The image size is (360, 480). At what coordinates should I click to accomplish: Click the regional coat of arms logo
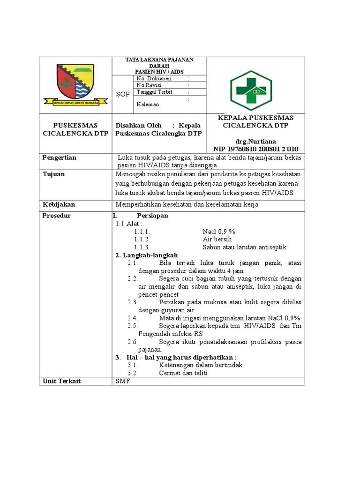tap(75, 85)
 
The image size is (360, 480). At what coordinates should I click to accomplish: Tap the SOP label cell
tap(123, 94)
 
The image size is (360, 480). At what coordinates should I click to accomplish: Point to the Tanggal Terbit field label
tap(154, 92)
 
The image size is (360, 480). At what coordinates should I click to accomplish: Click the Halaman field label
tap(148, 105)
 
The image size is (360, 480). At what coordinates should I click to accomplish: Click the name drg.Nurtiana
tap(255, 141)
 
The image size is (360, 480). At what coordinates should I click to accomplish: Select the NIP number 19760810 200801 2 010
tap(255, 149)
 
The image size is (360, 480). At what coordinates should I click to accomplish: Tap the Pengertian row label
tap(60, 158)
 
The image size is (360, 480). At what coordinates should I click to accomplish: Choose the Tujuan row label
tap(54, 174)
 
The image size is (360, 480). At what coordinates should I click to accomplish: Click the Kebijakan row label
tap(59, 205)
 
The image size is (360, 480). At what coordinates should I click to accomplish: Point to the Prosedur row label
tap(57, 216)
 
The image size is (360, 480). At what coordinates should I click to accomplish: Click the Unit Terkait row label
tap(61, 381)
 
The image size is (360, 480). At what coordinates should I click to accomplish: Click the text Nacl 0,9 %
tap(219, 232)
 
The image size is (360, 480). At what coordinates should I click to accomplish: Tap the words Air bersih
tap(217, 240)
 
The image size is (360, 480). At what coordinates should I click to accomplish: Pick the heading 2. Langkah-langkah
tap(146, 255)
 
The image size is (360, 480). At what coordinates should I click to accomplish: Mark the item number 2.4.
tap(132, 318)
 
